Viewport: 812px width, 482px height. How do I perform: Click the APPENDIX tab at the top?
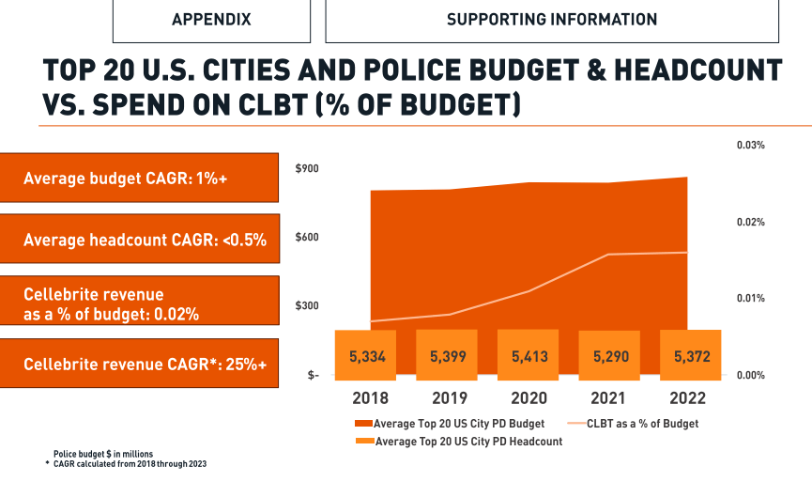coord(211,20)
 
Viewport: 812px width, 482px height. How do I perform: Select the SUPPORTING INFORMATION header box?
coord(551,20)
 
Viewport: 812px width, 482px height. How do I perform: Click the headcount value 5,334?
coord(367,357)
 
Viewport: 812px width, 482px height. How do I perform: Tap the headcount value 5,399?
coord(448,357)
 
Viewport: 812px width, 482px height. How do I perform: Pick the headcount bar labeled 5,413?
coord(529,357)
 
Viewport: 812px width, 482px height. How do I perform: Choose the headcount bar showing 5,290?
coord(610,357)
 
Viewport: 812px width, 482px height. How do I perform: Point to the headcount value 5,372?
coord(692,357)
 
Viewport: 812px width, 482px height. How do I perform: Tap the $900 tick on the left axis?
coord(307,169)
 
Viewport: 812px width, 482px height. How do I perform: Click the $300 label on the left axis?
coord(307,306)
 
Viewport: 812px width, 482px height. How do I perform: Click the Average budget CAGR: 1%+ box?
coord(140,178)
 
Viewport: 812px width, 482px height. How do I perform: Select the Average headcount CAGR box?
coord(140,240)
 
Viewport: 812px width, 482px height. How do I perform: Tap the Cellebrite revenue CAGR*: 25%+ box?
coord(140,364)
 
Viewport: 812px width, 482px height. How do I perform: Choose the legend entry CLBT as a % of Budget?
coord(642,424)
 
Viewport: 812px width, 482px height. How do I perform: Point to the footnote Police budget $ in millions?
coord(101,454)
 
